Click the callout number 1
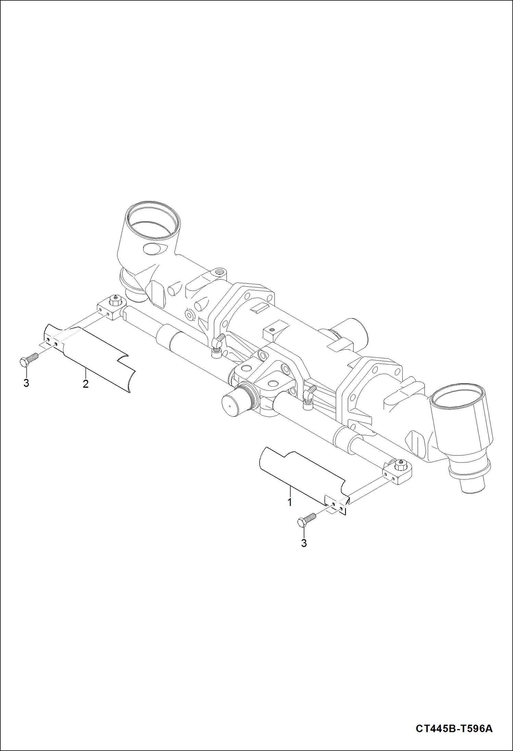click(290, 502)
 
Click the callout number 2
click(86, 384)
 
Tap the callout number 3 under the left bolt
click(26, 383)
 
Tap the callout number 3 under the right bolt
click(304, 543)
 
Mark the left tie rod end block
click(110, 308)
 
